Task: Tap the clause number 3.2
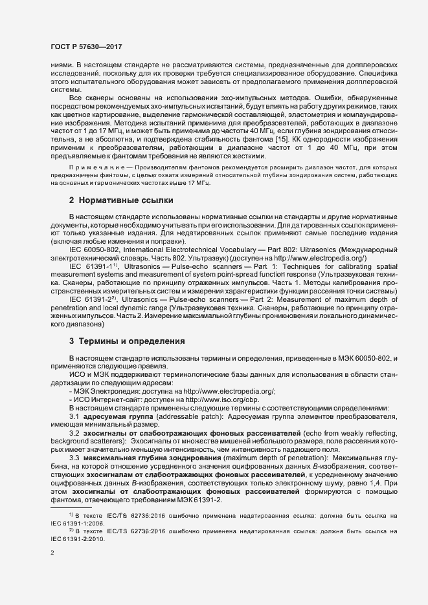[74, 432]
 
